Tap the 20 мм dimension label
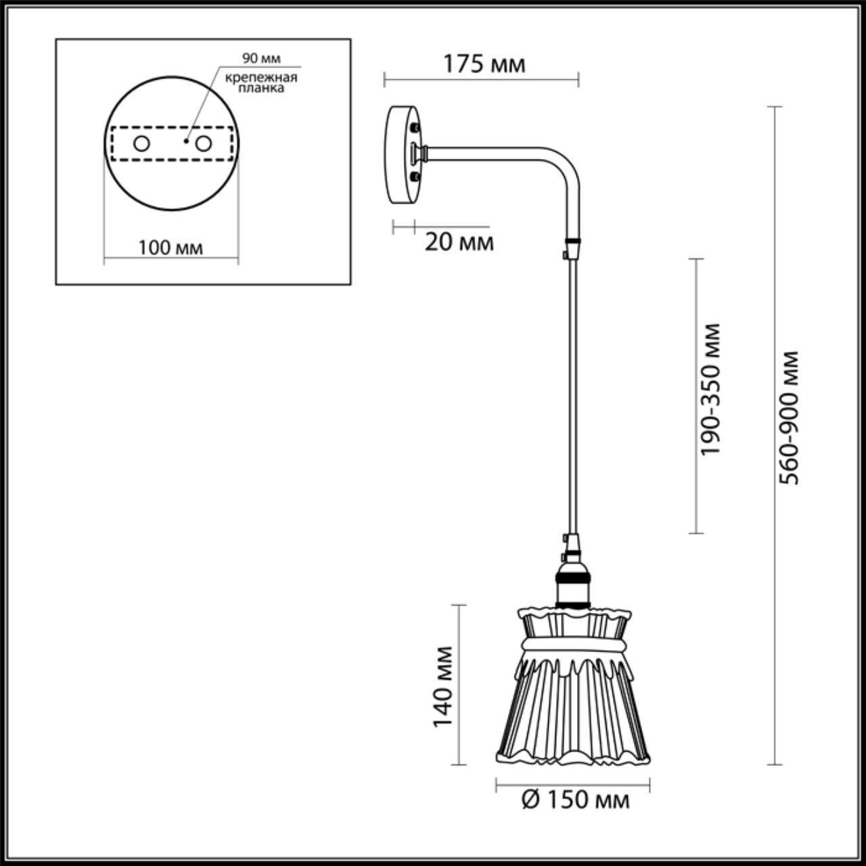click(x=459, y=242)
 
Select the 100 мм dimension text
click(x=170, y=248)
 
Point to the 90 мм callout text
click(x=261, y=60)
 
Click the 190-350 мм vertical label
click(x=710, y=389)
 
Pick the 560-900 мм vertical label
click(x=788, y=417)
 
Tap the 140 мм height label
click(x=442, y=687)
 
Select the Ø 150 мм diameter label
click(x=576, y=800)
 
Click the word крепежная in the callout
click(x=261, y=76)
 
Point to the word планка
click(x=261, y=88)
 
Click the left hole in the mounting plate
click(x=141, y=143)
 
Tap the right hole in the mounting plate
click(x=202, y=143)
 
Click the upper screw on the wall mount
click(x=415, y=127)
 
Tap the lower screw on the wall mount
click(x=415, y=177)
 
